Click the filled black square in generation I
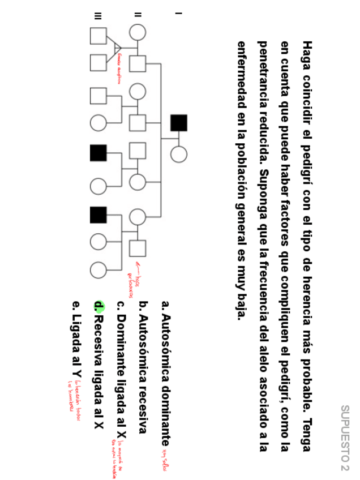click(x=179, y=123)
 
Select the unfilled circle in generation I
click(x=179, y=154)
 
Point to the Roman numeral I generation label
click(x=178, y=14)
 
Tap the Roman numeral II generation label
click(x=138, y=14)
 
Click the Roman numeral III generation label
click(x=98, y=14)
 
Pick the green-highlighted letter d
click(x=99, y=307)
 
